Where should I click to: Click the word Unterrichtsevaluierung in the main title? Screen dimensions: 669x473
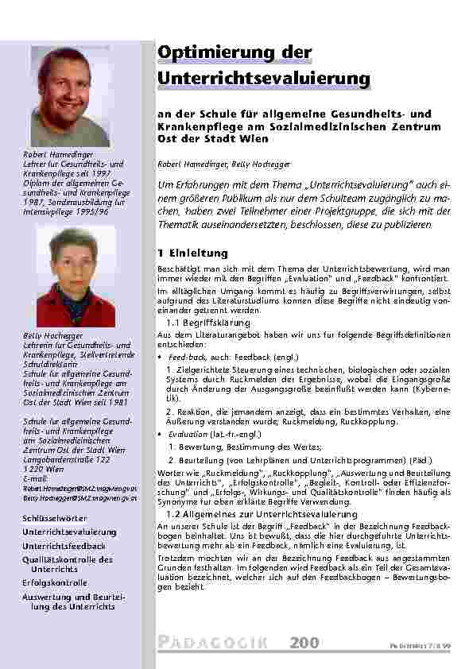pyautogui.click(x=264, y=79)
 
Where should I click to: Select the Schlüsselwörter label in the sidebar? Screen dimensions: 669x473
pyautogui.click(x=54, y=518)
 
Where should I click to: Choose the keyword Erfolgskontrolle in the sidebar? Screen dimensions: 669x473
pyautogui.click(x=55, y=582)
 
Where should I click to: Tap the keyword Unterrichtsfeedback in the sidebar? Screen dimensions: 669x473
pyautogui.click(x=64, y=546)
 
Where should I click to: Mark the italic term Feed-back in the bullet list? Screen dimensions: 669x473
pyautogui.click(x=184, y=358)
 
